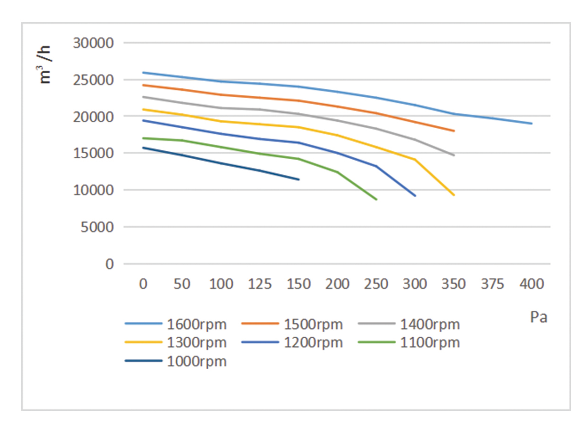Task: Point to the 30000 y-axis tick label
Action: pos(94,43)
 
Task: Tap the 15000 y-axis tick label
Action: pos(94,153)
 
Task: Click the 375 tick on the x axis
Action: pos(493,284)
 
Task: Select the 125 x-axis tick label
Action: pos(259,284)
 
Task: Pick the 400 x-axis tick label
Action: pos(532,284)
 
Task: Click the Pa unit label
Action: pos(538,317)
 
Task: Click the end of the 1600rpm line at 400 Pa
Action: pos(532,124)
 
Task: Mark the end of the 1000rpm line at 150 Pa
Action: pos(298,179)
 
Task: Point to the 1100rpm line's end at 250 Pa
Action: pos(376,200)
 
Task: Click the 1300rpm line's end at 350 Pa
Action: pos(454,195)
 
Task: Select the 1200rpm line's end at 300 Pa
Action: pos(415,196)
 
